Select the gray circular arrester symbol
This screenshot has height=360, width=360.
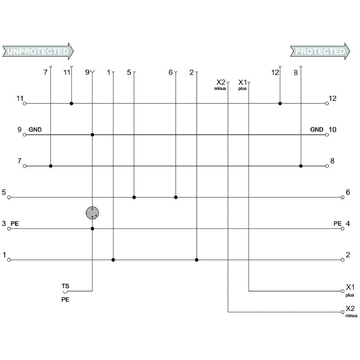[x=92, y=213]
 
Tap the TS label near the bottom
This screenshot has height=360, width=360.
[x=65, y=286]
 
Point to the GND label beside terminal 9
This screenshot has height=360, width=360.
[x=35, y=130]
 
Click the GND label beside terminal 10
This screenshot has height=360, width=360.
[x=317, y=130]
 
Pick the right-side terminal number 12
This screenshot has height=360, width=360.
[x=333, y=98]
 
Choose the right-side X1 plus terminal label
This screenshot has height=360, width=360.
[x=350, y=289]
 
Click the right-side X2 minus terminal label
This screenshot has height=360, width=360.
[x=351, y=310]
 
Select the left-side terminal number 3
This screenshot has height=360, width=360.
[x=4, y=224]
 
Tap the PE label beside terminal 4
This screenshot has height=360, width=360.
[x=337, y=223]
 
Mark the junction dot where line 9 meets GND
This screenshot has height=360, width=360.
[x=92, y=135]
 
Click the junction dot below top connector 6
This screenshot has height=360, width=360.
[x=176, y=197]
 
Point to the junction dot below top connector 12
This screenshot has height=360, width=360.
[x=280, y=103]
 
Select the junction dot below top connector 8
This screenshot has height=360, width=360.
[x=301, y=166]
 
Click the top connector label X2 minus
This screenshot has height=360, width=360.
[x=220, y=85]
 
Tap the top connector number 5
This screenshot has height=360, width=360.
[x=129, y=72]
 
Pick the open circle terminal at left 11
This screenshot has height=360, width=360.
[x=25, y=103]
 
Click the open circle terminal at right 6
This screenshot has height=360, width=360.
[x=343, y=197]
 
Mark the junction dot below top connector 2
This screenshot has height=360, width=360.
[x=197, y=260]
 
